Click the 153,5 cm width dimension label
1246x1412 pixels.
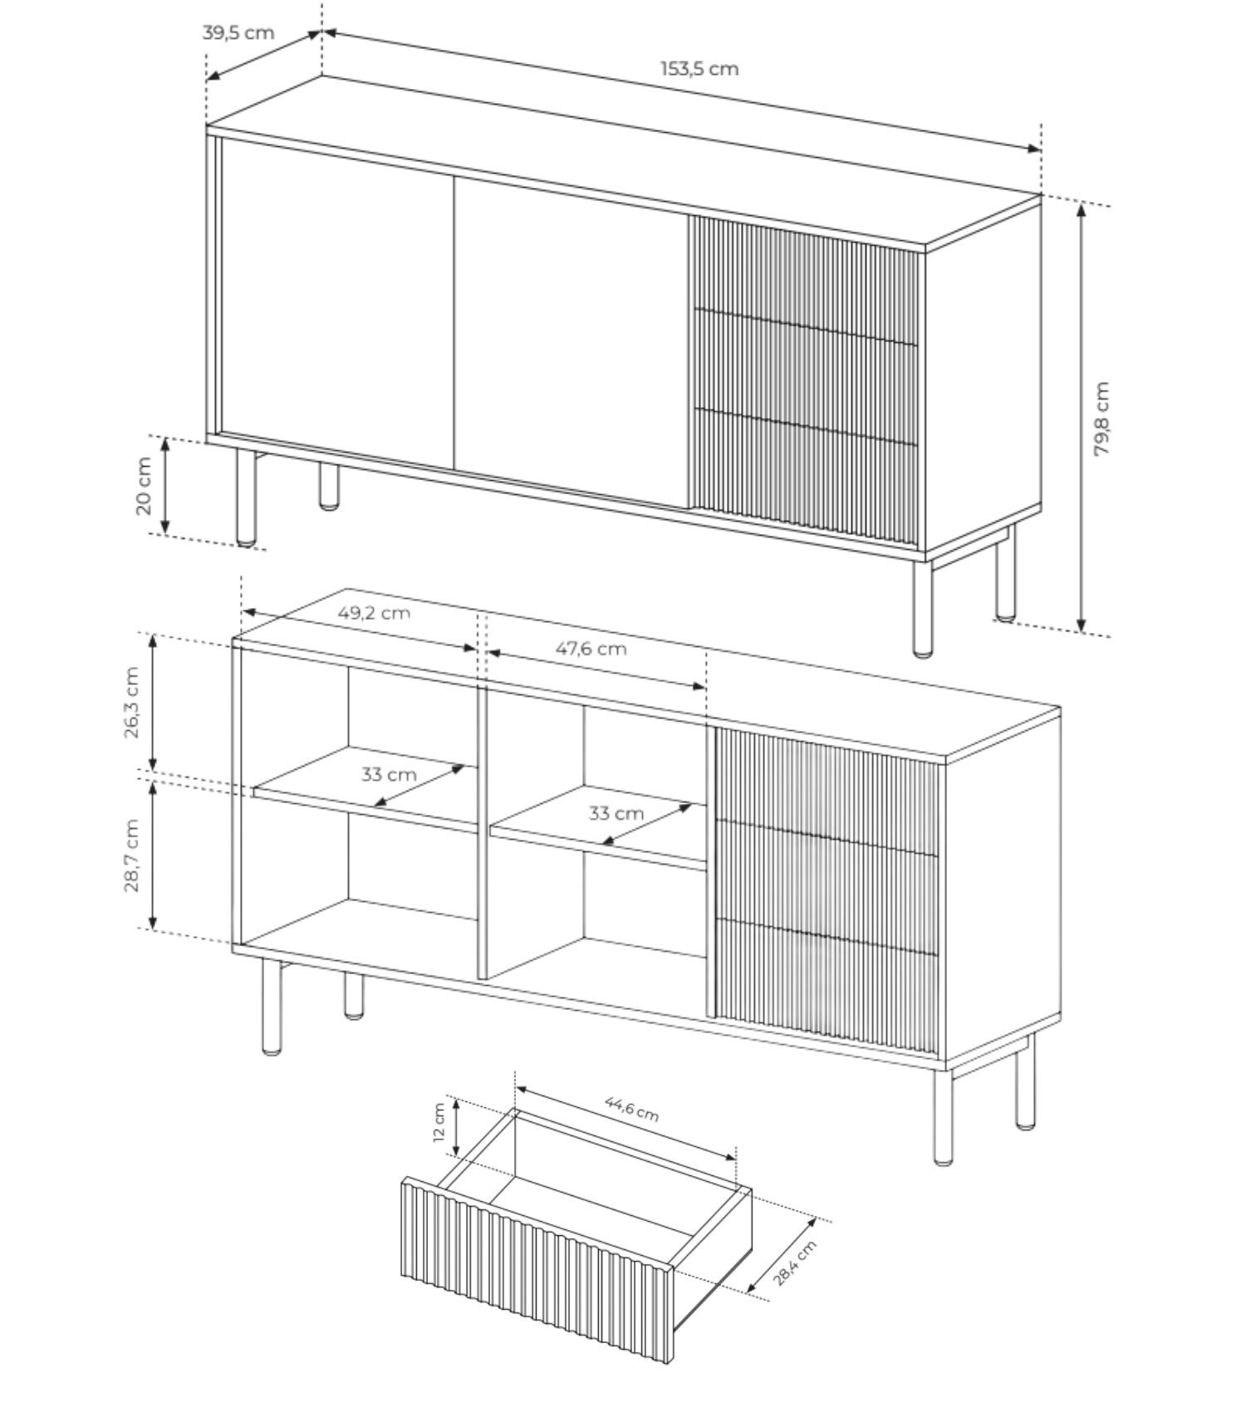[699, 68]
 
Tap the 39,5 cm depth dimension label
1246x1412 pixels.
[238, 32]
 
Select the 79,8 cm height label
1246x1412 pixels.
[1101, 418]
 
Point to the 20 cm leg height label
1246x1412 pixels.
[143, 486]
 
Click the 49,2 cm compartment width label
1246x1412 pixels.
[374, 613]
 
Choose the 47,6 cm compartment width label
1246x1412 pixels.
[591, 648]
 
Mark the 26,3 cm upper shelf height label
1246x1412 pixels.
[131, 702]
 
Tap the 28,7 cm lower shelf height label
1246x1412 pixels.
[131, 856]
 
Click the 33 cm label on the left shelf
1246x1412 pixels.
[389, 774]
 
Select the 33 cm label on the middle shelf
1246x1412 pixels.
[616, 813]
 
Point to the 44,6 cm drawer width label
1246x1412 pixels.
[631, 1108]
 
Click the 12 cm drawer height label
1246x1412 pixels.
[439, 1123]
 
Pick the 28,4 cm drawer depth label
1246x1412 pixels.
[795, 1262]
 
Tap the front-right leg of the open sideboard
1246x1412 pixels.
[943, 1116]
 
